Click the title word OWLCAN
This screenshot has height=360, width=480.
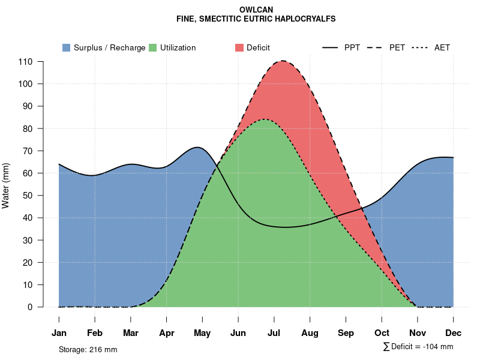coord(256,10)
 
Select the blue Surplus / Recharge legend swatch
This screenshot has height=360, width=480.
coord(66,47)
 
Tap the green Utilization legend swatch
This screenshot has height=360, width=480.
coord(152,47)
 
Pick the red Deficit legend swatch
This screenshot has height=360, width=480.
coord(239,47)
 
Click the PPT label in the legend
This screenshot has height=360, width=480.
coord(352,47)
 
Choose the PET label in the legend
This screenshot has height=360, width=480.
coord(397,47)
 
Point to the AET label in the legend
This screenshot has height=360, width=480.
coord(442,47)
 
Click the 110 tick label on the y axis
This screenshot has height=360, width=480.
coord(25,62)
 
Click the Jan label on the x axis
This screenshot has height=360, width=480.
coord(59,333)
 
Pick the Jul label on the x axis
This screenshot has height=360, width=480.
coord(274,333)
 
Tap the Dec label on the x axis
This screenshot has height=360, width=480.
coord(454,333)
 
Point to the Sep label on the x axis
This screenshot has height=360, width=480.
coord(346,333)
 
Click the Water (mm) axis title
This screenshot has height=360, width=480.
coord(6,185)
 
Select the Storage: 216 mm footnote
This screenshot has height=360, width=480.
coord(88,349)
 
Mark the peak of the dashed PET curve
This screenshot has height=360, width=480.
coord(282,61)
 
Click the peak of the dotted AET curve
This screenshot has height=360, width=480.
coord(264,119)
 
